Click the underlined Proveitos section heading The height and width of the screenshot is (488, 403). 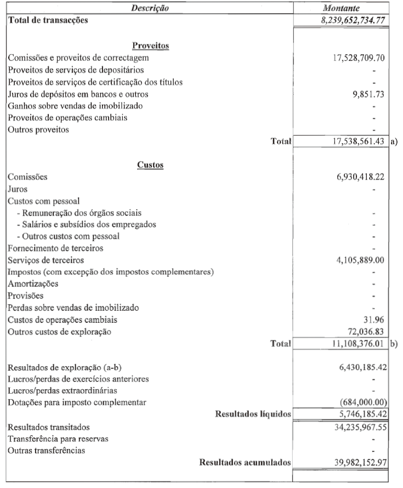150,45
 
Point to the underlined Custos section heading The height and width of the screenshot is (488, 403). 150,165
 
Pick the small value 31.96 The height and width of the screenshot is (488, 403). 379,320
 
